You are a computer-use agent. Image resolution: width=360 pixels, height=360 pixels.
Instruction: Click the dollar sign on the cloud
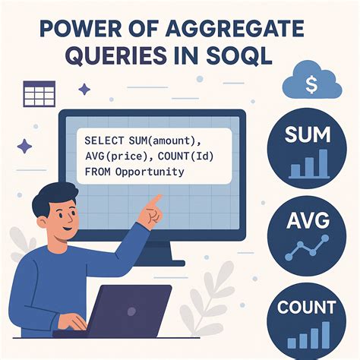(x=311, y=83)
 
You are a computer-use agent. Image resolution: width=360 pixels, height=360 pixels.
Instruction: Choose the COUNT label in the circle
(x=306, y=308)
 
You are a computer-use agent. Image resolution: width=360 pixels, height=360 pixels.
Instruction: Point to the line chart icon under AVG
(x=307, y=248)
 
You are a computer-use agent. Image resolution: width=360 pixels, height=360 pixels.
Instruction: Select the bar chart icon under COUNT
(x=308, y=335)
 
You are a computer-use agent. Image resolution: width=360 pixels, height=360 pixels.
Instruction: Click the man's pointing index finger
(x=158, y=200)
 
